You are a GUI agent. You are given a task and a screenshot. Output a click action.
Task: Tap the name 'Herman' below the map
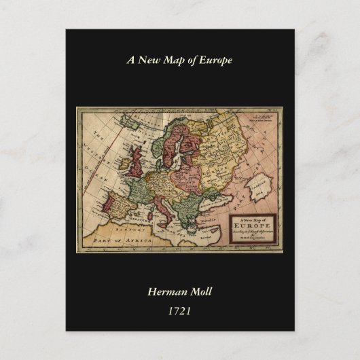click(168, 292)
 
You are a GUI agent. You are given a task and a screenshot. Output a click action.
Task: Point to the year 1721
click(179, 311)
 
